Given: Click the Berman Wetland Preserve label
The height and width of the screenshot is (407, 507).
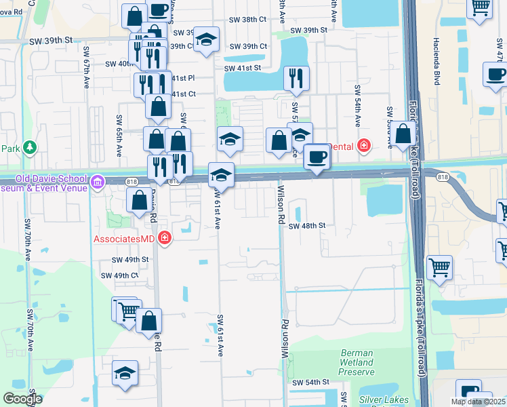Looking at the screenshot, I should click(356, 362).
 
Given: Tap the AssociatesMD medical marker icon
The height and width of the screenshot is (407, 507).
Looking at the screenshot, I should click(163, 237).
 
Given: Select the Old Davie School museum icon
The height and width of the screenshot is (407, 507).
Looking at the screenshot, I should click(96, 181).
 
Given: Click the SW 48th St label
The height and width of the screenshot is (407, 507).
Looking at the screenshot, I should click(308, 225).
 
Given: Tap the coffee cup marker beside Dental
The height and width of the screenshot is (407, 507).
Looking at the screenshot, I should click(317, 157).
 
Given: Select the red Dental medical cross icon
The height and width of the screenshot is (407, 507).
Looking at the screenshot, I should click(363, 145).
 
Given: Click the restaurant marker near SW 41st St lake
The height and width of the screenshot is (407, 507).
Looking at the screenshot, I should click(295, 77).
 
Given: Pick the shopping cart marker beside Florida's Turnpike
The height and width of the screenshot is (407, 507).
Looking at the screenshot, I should click(439, 267).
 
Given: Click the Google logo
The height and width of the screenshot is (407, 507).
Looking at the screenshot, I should click(22, 399).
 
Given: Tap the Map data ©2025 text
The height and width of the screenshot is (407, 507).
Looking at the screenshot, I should click(479, 402).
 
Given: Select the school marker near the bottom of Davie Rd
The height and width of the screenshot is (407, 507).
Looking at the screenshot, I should click(125, 374).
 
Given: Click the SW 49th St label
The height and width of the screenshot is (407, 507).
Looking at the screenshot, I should click(130, 260).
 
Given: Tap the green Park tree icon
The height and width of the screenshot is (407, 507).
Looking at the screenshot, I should click(29, 147).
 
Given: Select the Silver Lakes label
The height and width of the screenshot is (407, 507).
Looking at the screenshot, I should click(383, 400).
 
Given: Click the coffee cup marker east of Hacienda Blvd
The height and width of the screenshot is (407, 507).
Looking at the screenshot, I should click(495, 75).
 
